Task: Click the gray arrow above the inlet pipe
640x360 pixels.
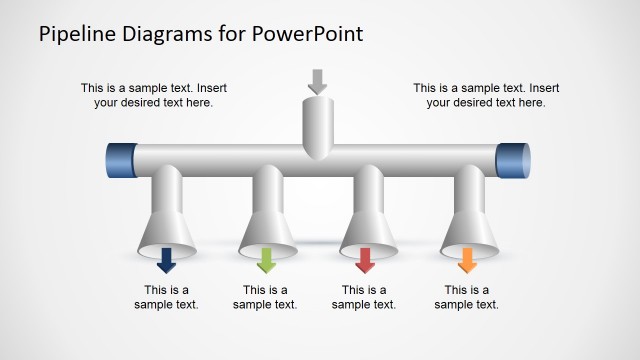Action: [317, 81]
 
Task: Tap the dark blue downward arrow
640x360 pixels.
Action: [166, 261]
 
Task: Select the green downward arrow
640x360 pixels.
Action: [266, 261]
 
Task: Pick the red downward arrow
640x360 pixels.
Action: [365, 261]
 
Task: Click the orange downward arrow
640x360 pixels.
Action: [466, 261]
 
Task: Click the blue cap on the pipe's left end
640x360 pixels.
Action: [121, 161]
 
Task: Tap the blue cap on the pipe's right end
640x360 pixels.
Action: [513, 161]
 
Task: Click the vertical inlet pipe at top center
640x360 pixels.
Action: [317, 125]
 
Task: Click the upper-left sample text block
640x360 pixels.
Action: [160, 95]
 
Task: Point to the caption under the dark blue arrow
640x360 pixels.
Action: [166, 298]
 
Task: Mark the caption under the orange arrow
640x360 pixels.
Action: [466, 298]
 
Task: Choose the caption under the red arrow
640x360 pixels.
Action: [365, 298]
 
